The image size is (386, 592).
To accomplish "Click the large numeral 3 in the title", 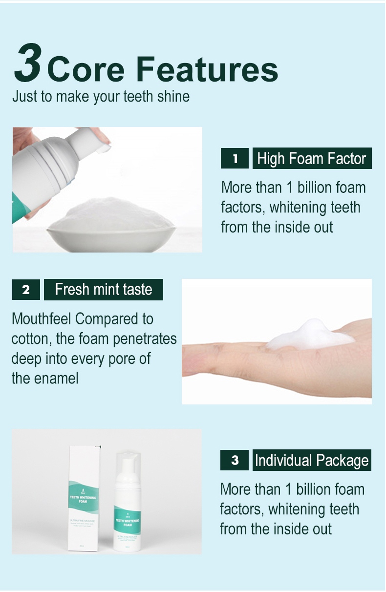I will point(27,63).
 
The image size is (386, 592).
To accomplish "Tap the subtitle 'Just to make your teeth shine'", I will point(101,96).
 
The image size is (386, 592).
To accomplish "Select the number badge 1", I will point(235,159).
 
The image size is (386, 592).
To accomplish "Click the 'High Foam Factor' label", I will point(312,159).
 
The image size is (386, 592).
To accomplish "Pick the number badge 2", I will point(26,290).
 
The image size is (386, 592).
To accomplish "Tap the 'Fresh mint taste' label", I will point(104,290).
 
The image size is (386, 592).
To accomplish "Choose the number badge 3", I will point(235,460).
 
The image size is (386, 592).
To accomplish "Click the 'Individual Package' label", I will point(312,460).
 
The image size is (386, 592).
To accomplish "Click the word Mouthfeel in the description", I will point(42,319).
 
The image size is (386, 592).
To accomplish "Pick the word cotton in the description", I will point(28,339).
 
